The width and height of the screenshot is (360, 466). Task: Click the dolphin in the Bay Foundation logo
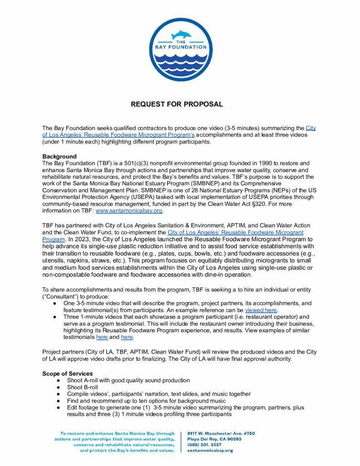click(x=180, y=35)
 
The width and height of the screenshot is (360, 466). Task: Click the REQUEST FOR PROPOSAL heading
click(x=177, y=104)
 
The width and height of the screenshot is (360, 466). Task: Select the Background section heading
click(x=59, y=157)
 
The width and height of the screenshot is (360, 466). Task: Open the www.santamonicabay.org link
click(x=129, y=211)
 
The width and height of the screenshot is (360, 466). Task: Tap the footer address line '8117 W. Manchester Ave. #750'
click(x=221, y=434)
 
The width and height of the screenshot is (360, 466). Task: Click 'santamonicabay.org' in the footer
click(x=210, y=451)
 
